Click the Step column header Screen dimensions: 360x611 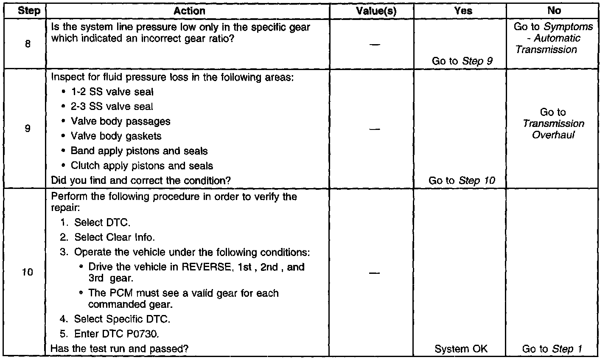29,11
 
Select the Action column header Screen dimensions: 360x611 189,11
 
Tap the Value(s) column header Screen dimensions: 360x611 376,11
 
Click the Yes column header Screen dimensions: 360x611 463,11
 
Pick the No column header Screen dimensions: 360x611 554,11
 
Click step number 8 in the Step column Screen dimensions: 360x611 28,43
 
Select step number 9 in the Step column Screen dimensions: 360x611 28,128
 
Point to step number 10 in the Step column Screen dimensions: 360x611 28,272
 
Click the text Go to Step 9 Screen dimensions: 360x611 462,61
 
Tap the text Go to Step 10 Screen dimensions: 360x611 462,180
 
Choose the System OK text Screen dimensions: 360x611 461,349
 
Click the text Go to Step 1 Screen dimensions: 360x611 552,349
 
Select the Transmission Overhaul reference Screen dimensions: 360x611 553,129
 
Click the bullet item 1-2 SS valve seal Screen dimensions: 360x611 112,92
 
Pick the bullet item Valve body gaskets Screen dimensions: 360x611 116,136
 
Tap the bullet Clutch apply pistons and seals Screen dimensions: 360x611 142,166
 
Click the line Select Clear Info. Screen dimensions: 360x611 115,237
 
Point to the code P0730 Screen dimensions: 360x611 142,334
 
